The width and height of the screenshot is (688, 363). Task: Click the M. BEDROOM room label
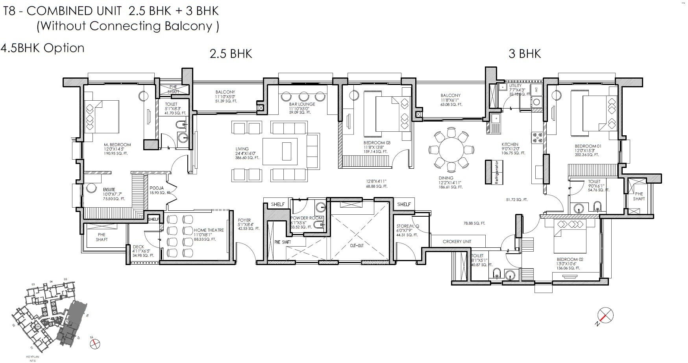pos(117,145)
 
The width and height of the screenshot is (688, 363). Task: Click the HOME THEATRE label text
pos(209,230)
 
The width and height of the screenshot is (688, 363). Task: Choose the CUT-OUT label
pos(357,245)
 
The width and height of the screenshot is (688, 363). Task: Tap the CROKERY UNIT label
pos(457,241)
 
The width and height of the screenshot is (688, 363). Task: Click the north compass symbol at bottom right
pos(605,315)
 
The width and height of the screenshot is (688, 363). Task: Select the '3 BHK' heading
pos(524,53)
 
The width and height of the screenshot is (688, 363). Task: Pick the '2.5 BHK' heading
pos(231,53)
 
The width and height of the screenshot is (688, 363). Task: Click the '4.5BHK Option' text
pos(43,48)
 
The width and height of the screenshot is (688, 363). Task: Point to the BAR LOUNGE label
pos(302,104)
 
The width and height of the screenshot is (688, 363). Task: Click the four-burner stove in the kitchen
pos(537,137)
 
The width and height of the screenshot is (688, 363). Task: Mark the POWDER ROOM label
pos(306,218)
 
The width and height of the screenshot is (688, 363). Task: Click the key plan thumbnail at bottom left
pos(51,315)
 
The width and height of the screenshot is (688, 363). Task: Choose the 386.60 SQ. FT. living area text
pos(247,158)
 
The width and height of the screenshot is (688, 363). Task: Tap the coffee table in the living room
pos(286,150)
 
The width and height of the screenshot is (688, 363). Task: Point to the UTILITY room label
pos(515,86)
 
